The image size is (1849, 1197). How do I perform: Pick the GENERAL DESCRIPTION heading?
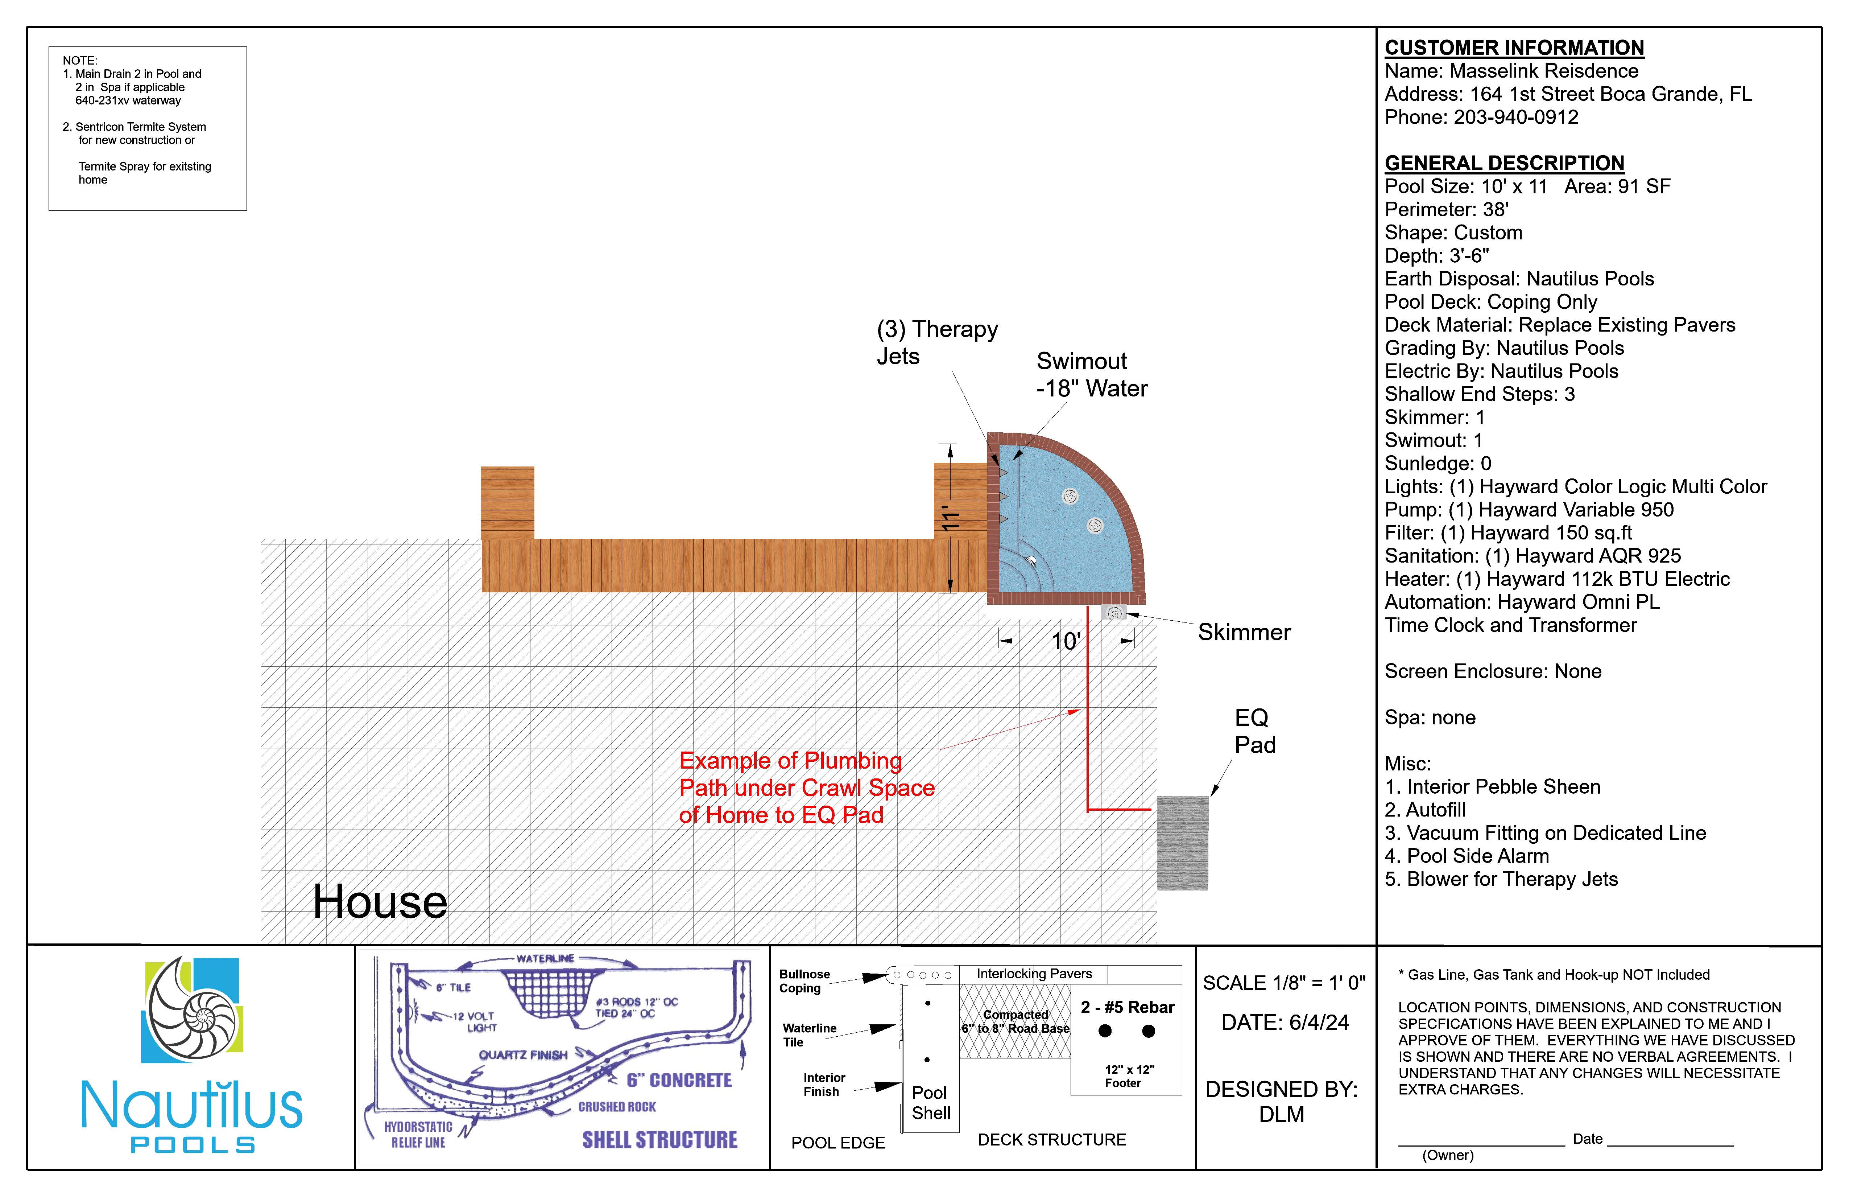click(1504, 163)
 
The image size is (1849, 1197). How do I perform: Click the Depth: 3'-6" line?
click(1436, 256)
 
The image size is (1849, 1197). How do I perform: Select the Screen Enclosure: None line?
click(1492, 671)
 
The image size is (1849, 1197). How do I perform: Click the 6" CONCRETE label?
click(679, 1081)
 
